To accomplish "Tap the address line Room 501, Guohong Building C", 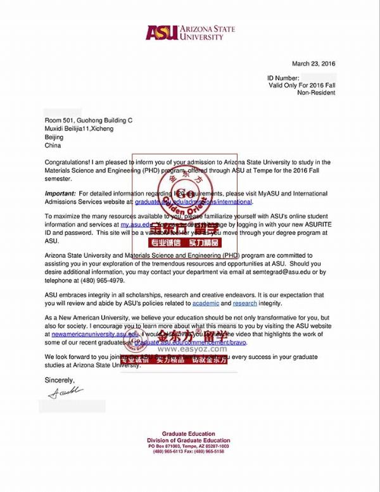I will pyautogui.click(x=88, y=120).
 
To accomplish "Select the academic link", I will pyautogui.click(x=205, y=304).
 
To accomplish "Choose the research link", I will pyautogui.click(x=245, y=304).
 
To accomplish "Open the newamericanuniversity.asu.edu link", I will pyautogui.click(x=95, y=334).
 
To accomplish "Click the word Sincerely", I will pyautogui.click(x=60, y=380).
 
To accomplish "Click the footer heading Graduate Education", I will pyautogui.click(x=189, y=434).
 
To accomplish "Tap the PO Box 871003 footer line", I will pyautogui.click(x=189, y=446).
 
